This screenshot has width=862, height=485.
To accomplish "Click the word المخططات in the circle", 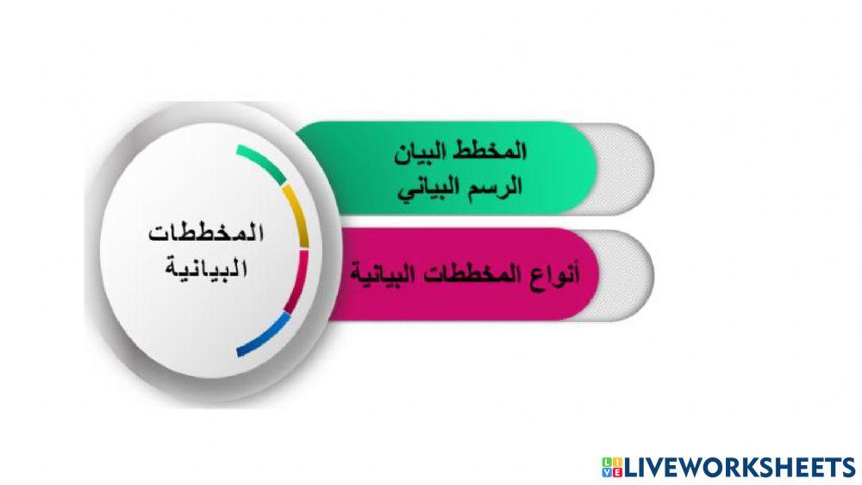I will (206, 234).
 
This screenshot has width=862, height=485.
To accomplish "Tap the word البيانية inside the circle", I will (206, 268).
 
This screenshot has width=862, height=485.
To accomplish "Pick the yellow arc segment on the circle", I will (297, 216).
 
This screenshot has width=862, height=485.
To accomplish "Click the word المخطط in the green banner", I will (495, 150).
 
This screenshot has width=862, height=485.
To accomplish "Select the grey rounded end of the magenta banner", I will (624, 274).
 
